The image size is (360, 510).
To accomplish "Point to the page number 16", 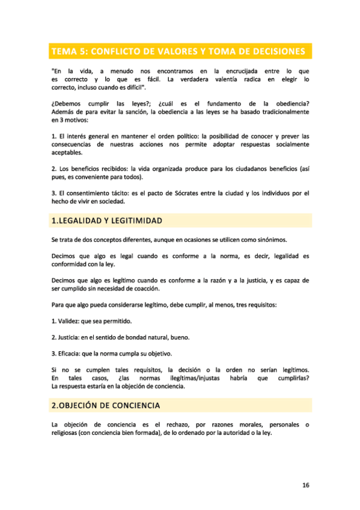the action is click(305, 484).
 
